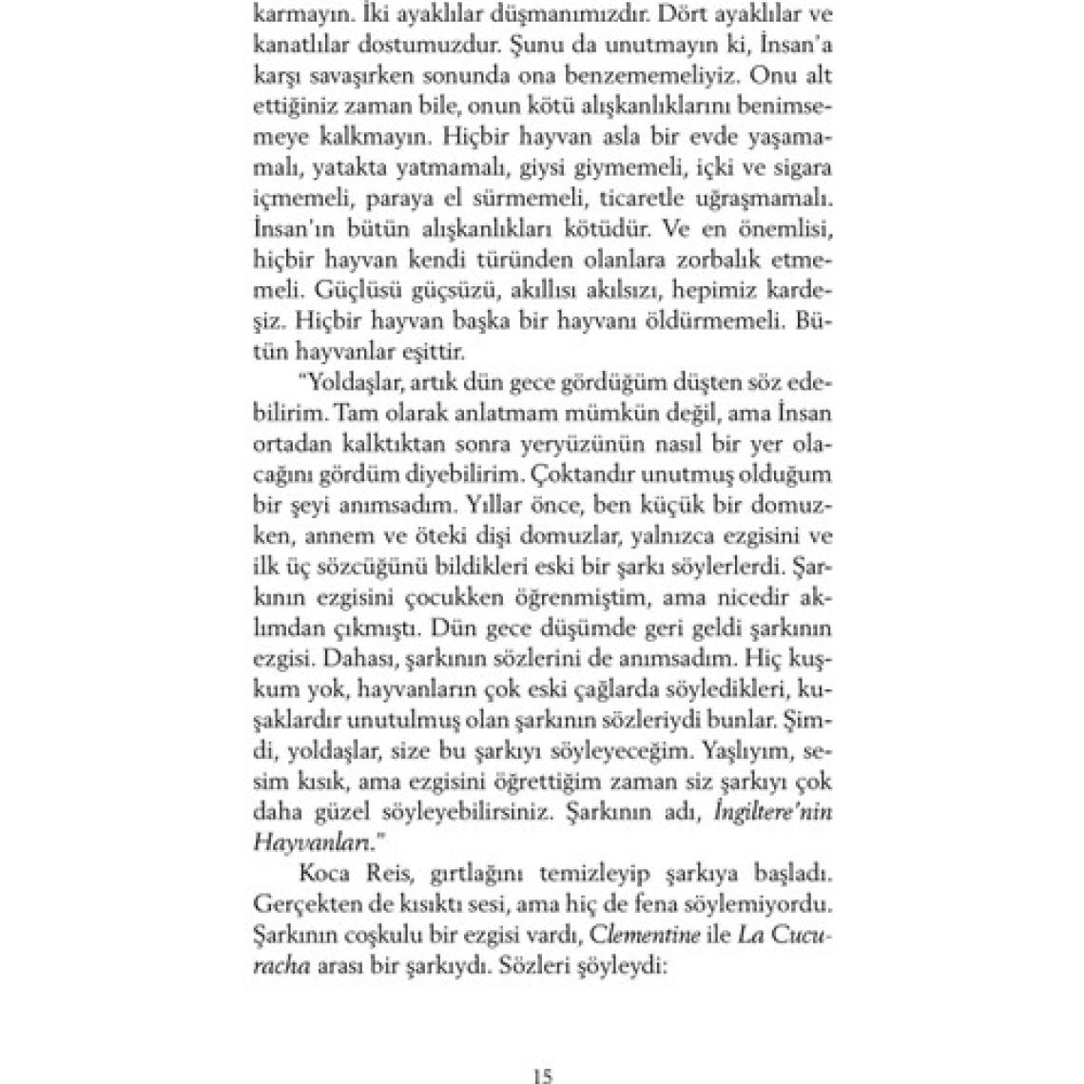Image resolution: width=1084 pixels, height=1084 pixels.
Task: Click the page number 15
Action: click(x=543, y=1075)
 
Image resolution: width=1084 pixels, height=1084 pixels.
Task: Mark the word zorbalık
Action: click(x=717, y=260)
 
